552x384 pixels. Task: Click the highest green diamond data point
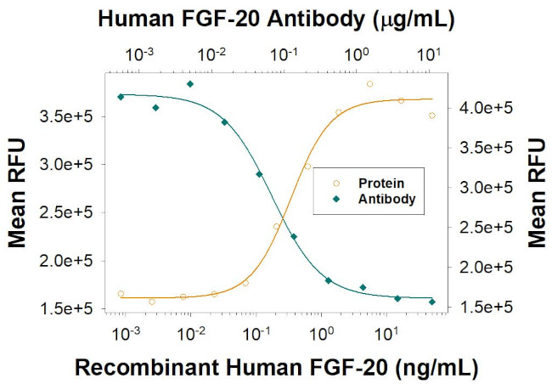[190, 84]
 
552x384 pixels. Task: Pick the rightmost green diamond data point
[432, 302]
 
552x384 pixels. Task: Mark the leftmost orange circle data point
[121, 294]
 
